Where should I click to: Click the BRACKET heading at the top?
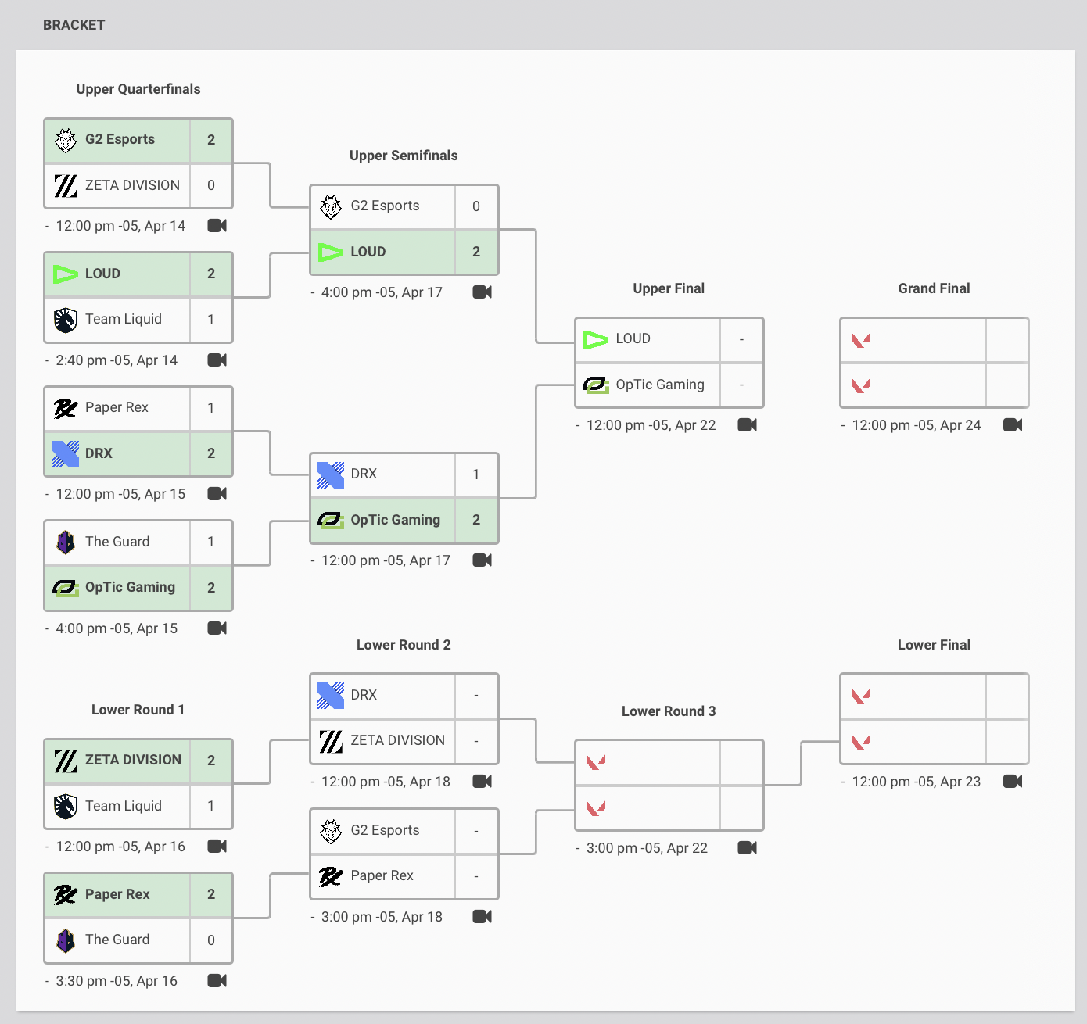[74, 25]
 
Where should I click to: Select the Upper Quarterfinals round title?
[138, 89]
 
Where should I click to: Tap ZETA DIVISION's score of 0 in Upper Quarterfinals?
[211, 185]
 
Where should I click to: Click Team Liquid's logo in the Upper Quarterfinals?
[66, 320]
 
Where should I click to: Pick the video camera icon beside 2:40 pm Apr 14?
[217, 360]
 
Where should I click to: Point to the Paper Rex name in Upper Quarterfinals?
[117, 407]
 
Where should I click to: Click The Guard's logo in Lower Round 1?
[66, 940]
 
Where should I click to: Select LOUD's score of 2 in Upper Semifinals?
[476, 252]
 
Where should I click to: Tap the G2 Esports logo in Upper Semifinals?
[331, 206]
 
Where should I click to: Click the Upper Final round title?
[669, 288]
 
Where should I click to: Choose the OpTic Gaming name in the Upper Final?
[660, 385]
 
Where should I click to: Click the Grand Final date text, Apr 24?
[917, 425]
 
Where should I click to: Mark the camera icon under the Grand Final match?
[1013, 425]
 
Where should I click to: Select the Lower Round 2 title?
[404, 645]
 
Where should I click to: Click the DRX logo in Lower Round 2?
[331, 695]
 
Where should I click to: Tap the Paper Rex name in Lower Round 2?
[382, 875]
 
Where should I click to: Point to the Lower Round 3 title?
[669, 711]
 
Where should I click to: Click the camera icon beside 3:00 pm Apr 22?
[748, 848]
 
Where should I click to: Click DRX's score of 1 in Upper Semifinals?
[476, 474]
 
